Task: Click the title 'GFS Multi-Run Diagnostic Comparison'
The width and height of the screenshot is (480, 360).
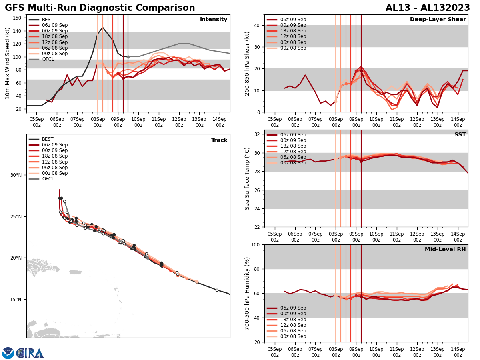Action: coord(100,8)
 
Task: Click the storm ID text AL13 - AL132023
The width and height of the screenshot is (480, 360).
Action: coord(428,8)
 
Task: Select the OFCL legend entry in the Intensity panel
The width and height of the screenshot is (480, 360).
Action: coord(48,59)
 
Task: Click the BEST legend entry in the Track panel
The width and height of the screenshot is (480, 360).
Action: coord(48,139)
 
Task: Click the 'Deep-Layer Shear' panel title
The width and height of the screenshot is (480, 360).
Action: coord(438,20)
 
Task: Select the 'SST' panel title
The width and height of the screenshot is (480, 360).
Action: coord(460,135)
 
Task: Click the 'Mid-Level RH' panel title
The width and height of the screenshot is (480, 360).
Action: coord(445,250)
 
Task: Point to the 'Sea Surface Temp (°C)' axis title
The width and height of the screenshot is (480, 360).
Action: coord(247,178)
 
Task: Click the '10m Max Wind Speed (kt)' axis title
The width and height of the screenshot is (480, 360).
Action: coord(8,63)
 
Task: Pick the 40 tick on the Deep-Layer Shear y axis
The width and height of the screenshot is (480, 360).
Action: coord(257,26)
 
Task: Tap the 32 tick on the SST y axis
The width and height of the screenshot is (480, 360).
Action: coord(257,134)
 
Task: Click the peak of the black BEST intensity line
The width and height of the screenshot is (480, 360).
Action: coord(103,28)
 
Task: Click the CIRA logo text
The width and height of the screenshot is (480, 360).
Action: coord(30,353)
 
